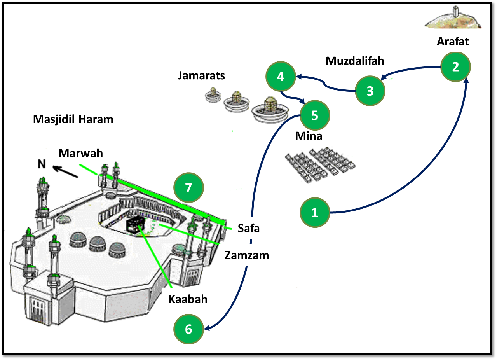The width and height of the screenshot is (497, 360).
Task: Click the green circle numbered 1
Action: coord(314,212)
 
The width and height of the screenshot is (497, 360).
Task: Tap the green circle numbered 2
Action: coord(455,67)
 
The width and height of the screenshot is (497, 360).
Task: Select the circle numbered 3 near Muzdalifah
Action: coord(370,91)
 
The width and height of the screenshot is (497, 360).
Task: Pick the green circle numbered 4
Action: coord(281,77)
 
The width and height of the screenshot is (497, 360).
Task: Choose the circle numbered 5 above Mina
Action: coord(315,115)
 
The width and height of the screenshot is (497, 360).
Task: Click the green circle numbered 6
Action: coord(188,329)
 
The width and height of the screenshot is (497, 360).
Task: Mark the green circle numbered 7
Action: coord(188,188)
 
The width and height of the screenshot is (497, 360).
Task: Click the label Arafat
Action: coord(453,42)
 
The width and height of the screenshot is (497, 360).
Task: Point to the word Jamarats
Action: coord(201,75)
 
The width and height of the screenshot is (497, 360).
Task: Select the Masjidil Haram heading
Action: coord(73,119)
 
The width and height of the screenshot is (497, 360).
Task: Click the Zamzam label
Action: coord(247,255)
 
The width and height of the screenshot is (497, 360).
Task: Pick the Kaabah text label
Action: coord(188,299)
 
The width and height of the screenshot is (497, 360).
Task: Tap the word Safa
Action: coord(249,229)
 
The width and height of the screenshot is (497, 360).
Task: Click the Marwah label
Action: coord(81,153)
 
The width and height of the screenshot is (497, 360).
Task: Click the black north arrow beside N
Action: coord(66,171)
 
